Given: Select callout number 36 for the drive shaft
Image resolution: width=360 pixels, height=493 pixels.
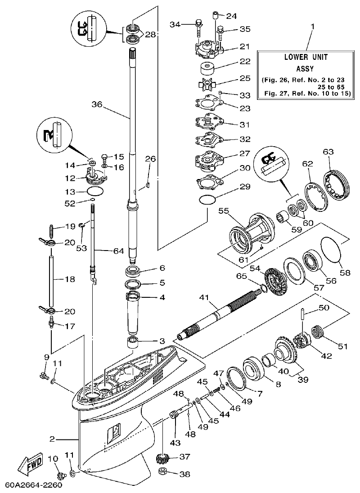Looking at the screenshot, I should pos(97,104).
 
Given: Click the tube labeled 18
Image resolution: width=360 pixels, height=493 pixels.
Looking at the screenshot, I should pos(51,279).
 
